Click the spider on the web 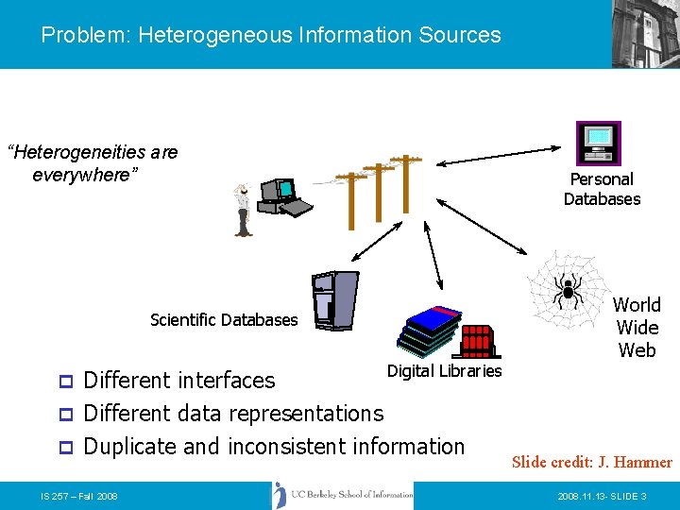pyautogui.click(x=569, y=287)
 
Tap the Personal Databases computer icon pyautogui.click(x=599, y=143)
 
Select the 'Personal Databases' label pyautogui.click(x=602, y=189)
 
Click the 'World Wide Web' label pyautogui.click(x=637, y=327)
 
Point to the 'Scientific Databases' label pyautogui.click(x=224, y=320)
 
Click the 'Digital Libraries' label pyautogui.click(x=444, y=371)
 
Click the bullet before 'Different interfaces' pyautogui.click(x=65, y=382)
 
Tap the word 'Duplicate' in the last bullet pyautogui.click(x=130, y=447)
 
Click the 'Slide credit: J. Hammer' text pyautogui.click(x=591, y=462)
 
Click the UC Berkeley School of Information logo pyautogui.click(x=342, y=495)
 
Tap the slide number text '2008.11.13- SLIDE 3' pyautogui.click(x=602, y=496)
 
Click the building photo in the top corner pyautogui.click(x=645, y=33)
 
